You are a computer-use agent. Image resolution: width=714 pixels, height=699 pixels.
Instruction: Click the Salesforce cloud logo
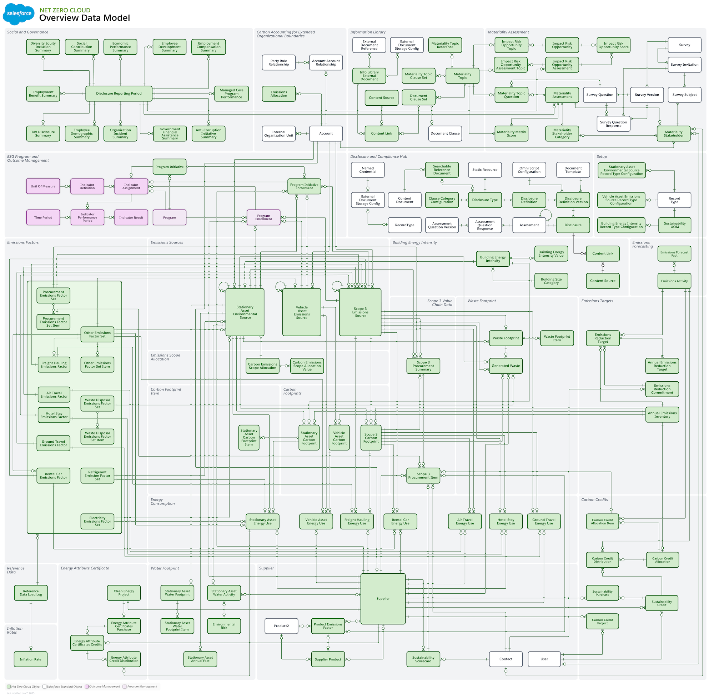(x=19, y=14)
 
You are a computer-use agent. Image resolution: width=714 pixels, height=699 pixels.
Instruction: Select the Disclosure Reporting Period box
(x=119, y=94)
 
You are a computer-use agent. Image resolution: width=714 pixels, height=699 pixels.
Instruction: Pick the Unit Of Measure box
(x=43, y=187)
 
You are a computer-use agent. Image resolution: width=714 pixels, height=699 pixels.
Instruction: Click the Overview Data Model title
(x=85, y=18)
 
